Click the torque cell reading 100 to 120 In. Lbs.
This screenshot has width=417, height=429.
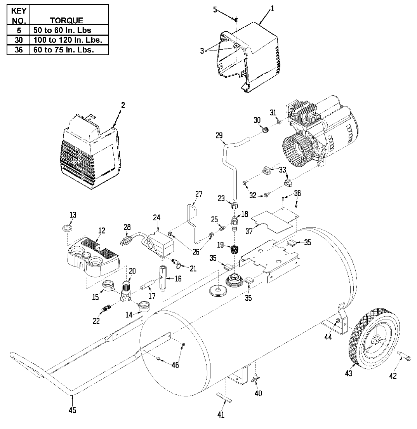point(69,40)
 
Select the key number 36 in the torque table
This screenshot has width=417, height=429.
point(18,50)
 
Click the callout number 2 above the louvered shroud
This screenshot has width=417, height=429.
point(123,105)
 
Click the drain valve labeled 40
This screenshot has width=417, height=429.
point(255,378)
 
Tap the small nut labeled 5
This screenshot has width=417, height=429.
point(236,19)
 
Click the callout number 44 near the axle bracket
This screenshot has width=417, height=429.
point(328,337)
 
